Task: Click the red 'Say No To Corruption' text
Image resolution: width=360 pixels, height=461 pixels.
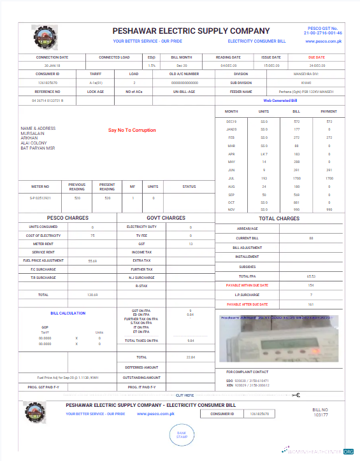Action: point(131,131)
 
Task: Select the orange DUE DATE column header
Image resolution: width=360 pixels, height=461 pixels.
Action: point(316,57)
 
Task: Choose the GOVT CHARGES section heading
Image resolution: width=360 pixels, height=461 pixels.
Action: point(166,218)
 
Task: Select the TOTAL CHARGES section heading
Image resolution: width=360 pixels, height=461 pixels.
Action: point(278,218)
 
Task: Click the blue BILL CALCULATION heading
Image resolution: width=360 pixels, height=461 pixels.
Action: point(68,313)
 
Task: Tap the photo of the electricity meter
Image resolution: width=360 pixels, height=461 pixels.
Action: point(279,339)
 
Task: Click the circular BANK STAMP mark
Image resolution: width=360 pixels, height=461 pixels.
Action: point(182,435)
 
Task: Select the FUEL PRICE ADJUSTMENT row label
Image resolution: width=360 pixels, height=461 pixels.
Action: point(43,261)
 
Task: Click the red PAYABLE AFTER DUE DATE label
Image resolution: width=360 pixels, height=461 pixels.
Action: point(247,304)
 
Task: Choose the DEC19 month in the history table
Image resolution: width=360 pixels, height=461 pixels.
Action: point(231,120)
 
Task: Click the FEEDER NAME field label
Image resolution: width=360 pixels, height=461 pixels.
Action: point(241,91)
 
